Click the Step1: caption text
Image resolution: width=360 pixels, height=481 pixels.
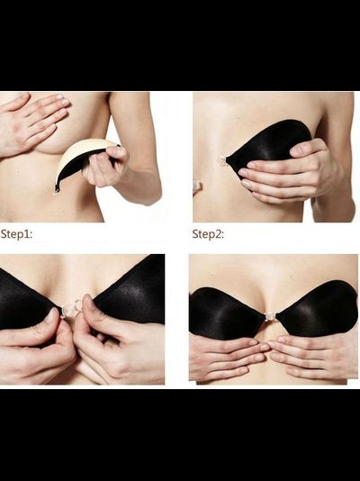click(x=16, y=234)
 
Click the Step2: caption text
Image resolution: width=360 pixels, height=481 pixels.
click(x=208, y=234)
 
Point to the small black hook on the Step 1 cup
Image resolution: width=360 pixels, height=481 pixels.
click(x=57, y=188)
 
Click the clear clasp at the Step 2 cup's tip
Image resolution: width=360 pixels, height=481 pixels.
click(x=222, y=160)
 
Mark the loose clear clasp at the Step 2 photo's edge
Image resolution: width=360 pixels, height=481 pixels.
click(x=197, y=186)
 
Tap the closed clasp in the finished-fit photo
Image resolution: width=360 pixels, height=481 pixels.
click(x=271, y=316)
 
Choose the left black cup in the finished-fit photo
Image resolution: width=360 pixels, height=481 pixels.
click(x=227, y=313)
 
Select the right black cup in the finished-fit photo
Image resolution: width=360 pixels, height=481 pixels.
click(x=317, y=308)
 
